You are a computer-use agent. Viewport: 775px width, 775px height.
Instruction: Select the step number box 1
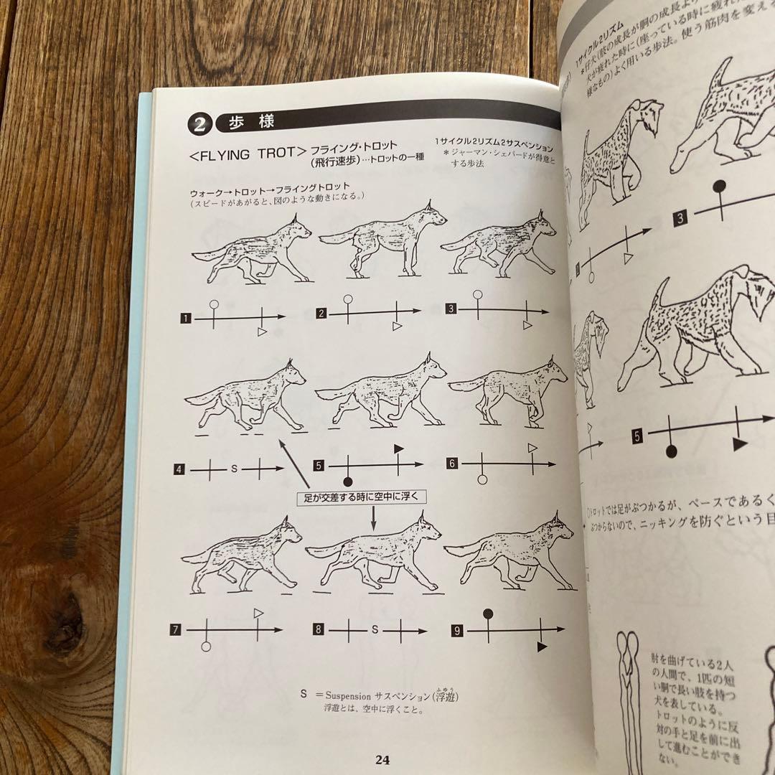(x=185, y=317)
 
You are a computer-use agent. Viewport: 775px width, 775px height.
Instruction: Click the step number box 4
(x=179, y=470)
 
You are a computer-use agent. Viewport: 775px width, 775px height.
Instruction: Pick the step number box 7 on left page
(x=175, y=630)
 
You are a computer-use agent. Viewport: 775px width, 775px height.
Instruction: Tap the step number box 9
(x=457, y=631)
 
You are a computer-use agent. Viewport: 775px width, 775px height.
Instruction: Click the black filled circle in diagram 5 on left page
(x=348, y=482)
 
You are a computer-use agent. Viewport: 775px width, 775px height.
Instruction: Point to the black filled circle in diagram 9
(x=489, y=614)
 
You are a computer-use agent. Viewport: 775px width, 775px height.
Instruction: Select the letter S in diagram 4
(x=233, y=469)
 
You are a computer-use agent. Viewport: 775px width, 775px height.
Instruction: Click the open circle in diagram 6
(x=482, y=479)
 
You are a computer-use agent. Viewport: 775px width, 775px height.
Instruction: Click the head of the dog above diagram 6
(x=553, y=372)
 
